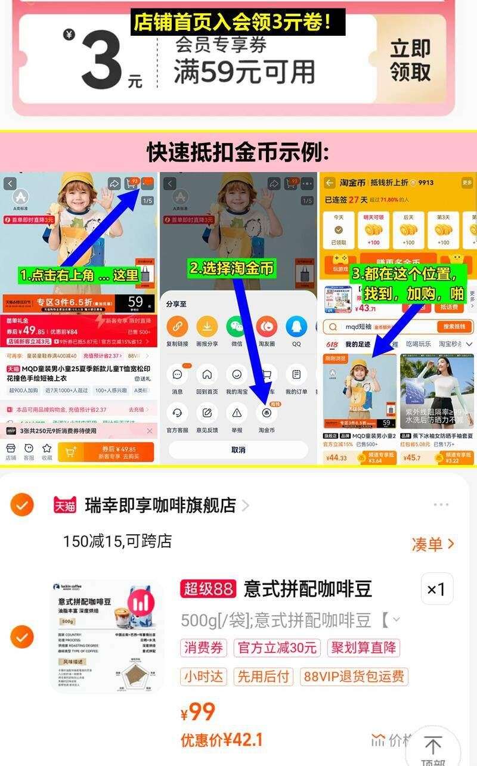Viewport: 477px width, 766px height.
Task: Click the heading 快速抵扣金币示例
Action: (238, 153)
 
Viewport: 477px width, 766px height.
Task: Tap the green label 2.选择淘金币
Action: (232, 268)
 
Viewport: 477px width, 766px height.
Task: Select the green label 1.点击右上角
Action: (79, 275)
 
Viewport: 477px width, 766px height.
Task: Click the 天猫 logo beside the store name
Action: (66, 506)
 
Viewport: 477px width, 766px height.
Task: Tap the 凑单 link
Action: (432, 544)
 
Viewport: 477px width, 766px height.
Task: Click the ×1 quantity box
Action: (436, 590)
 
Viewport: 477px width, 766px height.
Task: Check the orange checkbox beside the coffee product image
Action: (21, 637)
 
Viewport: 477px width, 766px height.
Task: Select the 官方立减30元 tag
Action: (277, 648)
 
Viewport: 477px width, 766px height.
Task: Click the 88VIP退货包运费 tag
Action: (354, 677)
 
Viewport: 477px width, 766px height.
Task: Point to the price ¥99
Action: (198, 712)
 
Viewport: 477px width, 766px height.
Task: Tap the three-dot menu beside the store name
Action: (441, 506)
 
